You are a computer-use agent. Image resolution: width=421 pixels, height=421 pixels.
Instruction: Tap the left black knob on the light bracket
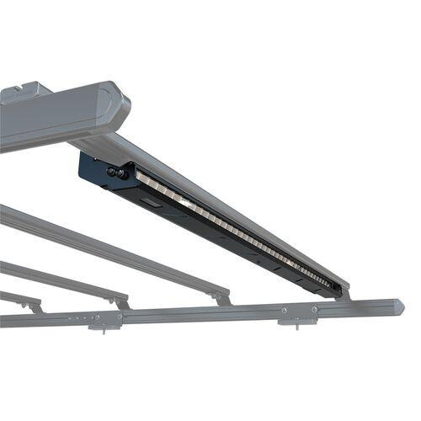point(111,171)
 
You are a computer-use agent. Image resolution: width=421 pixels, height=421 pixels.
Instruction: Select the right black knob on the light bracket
point(122,173)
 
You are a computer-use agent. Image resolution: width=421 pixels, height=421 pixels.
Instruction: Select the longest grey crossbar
point(109,248)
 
